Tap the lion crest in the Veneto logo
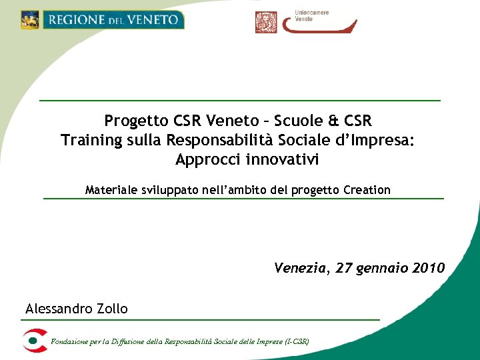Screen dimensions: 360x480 pyautogui.click(x=30, y=20)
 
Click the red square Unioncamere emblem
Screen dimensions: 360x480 pyautogui.click(x=266, y=22)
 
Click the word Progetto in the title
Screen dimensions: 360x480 pyautogui.click(x=137, y=121)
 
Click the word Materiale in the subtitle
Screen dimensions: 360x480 pyautogui.click(x=112, y=190)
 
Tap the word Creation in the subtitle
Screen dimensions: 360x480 pyautogui.click(x=367, y=190)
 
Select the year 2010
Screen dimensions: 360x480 pyautogui.click(x=428, y=269)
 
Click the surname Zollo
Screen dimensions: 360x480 pyautogui.click(x=109, y=309)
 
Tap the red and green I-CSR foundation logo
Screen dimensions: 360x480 pyautogui.click(x=33, y=341)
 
